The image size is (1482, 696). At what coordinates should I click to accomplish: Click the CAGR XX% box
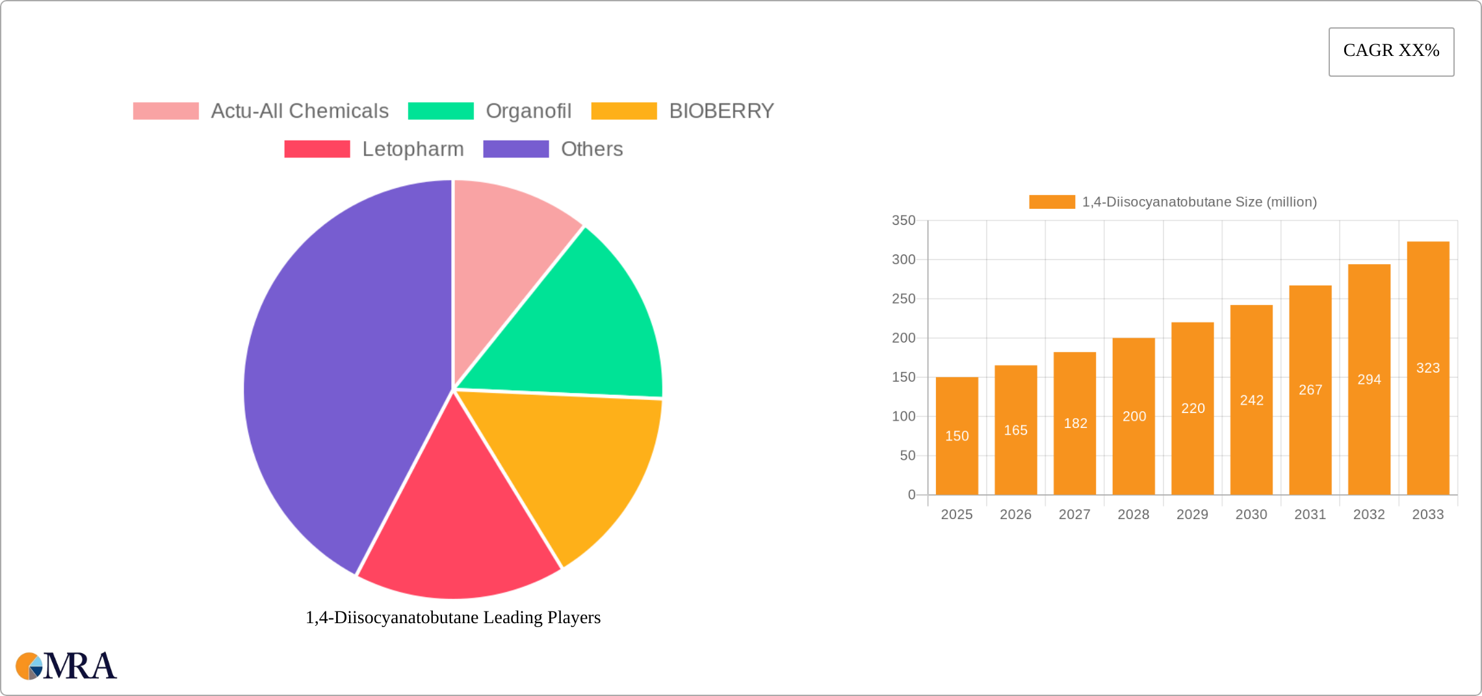pyautogui.click(x=1391, y=51)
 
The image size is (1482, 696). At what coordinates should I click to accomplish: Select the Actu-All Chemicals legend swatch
pyautogui.click(x=166, y=111)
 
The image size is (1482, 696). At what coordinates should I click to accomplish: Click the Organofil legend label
pyautogui.click(x=528, y=111)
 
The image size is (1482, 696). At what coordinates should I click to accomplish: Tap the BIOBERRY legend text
pyautogui.click(x=721, y=111)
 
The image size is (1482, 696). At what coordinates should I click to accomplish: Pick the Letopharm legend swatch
pyautogui.click(x=317, y=149)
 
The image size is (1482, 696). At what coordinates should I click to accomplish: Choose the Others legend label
pyautogui.click(x=591, y=149)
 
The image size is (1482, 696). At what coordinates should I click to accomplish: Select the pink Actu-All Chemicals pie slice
pyautogui.click(x=507, y=247)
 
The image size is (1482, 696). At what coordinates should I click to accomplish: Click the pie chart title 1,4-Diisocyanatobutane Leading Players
pyautogui.click(x=453, y=617)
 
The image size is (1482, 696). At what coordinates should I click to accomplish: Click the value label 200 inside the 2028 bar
pyautogui.click(x=1134, y=416)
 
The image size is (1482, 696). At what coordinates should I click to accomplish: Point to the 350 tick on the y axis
pyautogui.click(x=903, y=221)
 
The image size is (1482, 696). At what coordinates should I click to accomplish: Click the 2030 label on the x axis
pyautogui.click(x=1251, y=515)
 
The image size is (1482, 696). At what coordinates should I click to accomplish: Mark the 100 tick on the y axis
pyautogui.click(x=903, y=416)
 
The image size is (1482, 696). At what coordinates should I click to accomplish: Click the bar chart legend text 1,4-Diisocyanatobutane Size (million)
pyautogui.click(x=1199, y=202)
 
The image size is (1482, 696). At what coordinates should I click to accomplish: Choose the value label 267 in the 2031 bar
pyautogui.click(x=1310, y=390)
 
